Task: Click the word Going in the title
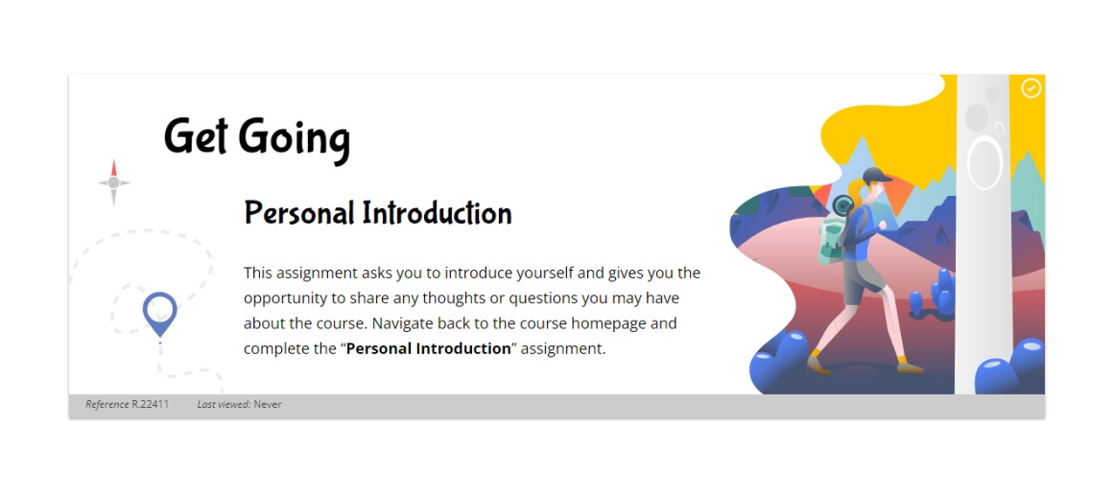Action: (x=295, y=138)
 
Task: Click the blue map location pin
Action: (x=159, y=313)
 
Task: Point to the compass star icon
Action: (x=113, y=182)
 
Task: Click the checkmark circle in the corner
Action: (x=1030, y=88)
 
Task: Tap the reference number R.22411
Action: (x=151, y=405)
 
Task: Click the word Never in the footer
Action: (x=268, y=405)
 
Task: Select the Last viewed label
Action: (x=224, y=405)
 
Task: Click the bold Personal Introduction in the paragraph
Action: (x=429, y=348)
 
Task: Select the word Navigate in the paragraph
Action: (x=402, y=323)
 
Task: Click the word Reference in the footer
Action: (x=107, y=405)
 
